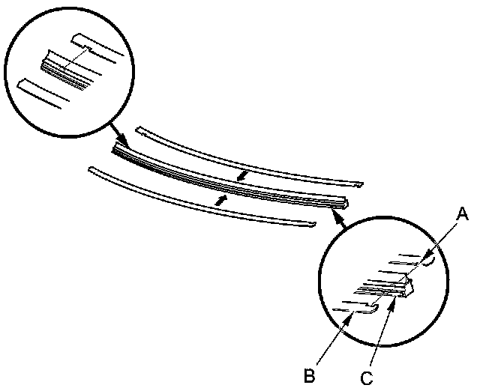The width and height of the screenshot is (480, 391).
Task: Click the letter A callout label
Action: pyautogui.click(x=463, y=215)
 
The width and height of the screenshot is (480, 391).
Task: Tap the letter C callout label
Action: pyautogui.click(x=366, y=378)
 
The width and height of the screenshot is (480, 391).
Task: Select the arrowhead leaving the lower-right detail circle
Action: pyautogui.click(x=334, y=216)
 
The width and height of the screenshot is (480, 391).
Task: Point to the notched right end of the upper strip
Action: pyautogui.click(x=358, y=184)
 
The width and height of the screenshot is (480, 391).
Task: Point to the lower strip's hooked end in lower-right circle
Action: pyautogui.click(x=370, y=308)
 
